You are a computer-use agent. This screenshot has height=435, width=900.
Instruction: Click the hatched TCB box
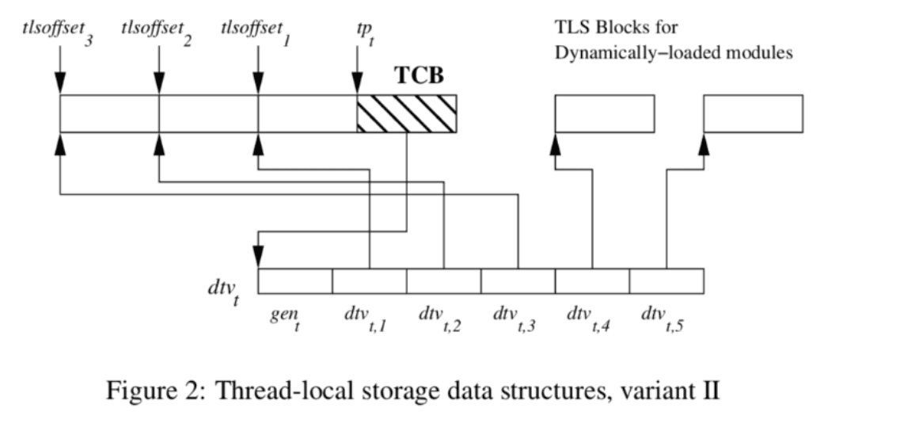pyautogui.click(x=406, y=113)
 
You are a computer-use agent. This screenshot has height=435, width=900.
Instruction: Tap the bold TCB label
pyautogui.click(x=420, y=77)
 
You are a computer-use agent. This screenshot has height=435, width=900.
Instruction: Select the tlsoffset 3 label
pyautogui.click(x=55, y=32)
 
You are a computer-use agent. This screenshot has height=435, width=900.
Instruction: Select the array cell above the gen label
pyautogui.click(x=294, y=281)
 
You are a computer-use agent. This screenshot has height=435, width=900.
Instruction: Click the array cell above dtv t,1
pyautogui.click(x=369, y=281)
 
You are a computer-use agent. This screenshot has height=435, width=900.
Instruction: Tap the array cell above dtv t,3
pyautogui.click(x=518, y=281)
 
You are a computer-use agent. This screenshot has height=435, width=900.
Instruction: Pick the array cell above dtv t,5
pyautogui.click(x=666, y=281)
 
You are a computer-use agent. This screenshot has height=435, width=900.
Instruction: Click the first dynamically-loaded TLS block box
pyautogui.click(x=604, y=113)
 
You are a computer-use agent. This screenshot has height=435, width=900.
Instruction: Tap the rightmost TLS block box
pyautogui.click(x=753, y=113)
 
